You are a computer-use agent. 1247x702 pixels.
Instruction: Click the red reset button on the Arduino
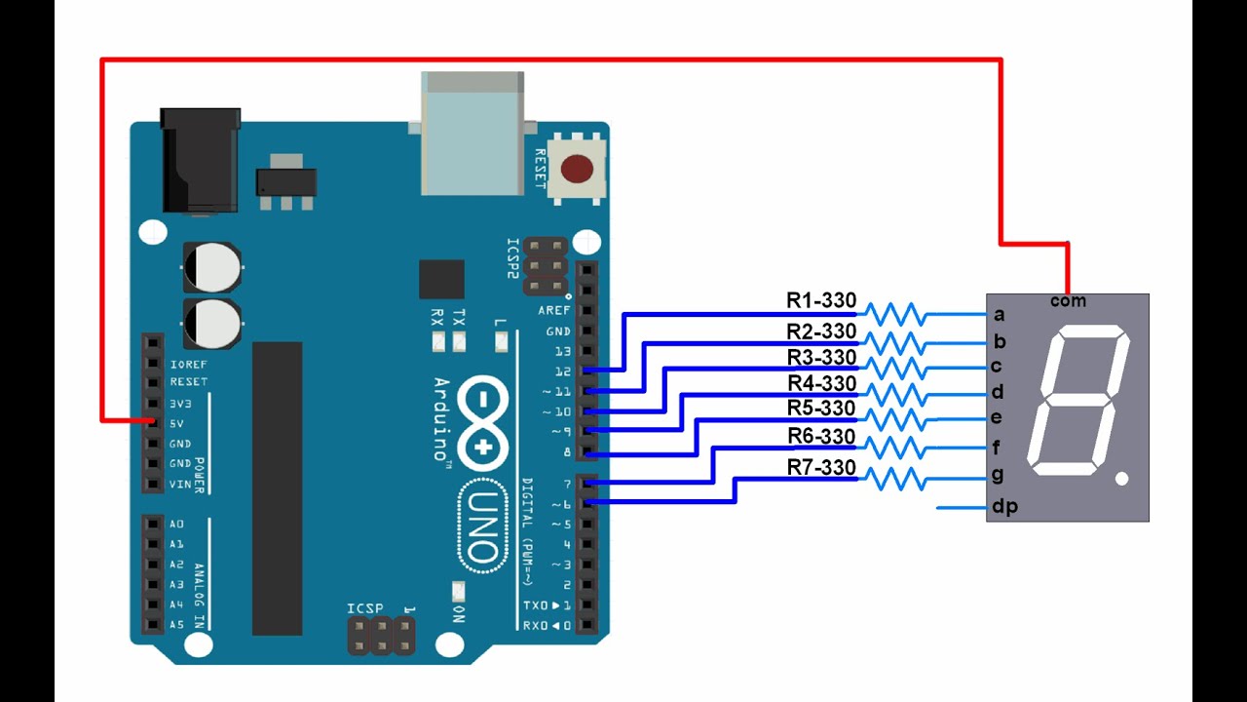pos(576,169)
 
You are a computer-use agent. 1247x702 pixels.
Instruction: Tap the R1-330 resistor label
pos(821,300)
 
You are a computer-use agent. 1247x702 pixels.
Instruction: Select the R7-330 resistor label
pos(821,467)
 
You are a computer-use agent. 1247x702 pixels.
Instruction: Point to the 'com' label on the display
pos(1068,301)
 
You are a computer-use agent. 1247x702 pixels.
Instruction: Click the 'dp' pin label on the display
pos(1004,506)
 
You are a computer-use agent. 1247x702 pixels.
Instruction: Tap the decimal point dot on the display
pos(1121,478)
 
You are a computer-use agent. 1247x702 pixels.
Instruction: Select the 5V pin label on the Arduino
pos(176,424)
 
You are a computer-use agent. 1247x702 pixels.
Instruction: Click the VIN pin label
pos(180,485)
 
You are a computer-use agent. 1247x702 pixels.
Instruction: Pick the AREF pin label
pos(554,310)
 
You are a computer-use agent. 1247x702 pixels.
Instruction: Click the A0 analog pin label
pos(176,525)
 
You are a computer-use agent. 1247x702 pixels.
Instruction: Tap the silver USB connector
pos(472,134)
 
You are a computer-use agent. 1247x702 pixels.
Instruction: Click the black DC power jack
pos(201,161)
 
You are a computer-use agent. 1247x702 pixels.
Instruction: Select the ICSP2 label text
pos(512,258)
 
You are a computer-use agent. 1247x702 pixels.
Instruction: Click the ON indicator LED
pos(458,591)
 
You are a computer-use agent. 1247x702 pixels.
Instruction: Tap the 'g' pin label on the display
pos(998,475)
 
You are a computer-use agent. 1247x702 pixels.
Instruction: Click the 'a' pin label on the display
pos(1000,315)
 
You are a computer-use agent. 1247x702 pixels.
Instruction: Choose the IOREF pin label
pos(188,365)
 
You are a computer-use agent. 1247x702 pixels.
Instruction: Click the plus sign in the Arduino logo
pos(484,447)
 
